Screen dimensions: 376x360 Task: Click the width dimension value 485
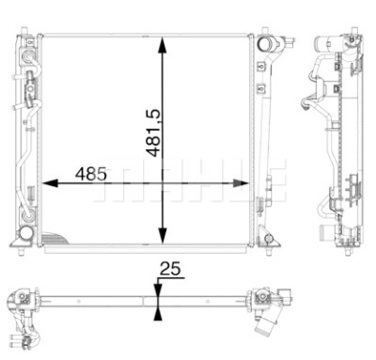(91, 174)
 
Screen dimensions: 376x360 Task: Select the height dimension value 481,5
(153, 133)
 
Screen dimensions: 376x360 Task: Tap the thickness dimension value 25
(170, 269)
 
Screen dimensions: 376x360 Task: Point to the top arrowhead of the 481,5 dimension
(162, 45)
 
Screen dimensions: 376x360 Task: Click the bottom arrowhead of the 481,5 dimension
(162, 236)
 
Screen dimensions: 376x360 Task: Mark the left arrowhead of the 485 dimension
(50, 183)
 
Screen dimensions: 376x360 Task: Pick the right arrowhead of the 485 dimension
(241, 183)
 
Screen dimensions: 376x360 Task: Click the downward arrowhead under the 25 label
(158, 290)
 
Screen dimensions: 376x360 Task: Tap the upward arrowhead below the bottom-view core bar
(158, 314)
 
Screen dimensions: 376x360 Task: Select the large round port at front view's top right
(264, 44)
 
